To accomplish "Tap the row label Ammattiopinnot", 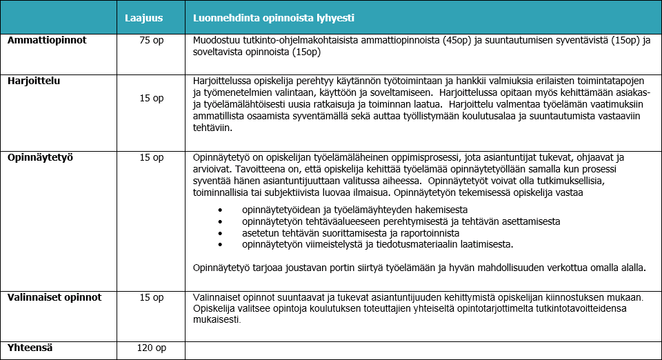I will tap(47, 41).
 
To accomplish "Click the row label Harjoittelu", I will tap(34, 81).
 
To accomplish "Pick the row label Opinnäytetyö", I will tap(40, 157).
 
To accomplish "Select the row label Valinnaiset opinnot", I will tap(54, 297).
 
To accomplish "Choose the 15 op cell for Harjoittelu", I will tap(152, 99).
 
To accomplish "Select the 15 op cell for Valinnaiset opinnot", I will tap(152, 297).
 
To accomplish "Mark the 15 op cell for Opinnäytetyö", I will tap(152, 157).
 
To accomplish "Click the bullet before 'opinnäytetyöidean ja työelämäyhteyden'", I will tap(221, 209).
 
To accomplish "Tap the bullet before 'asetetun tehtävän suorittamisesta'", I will tap(221, 233).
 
